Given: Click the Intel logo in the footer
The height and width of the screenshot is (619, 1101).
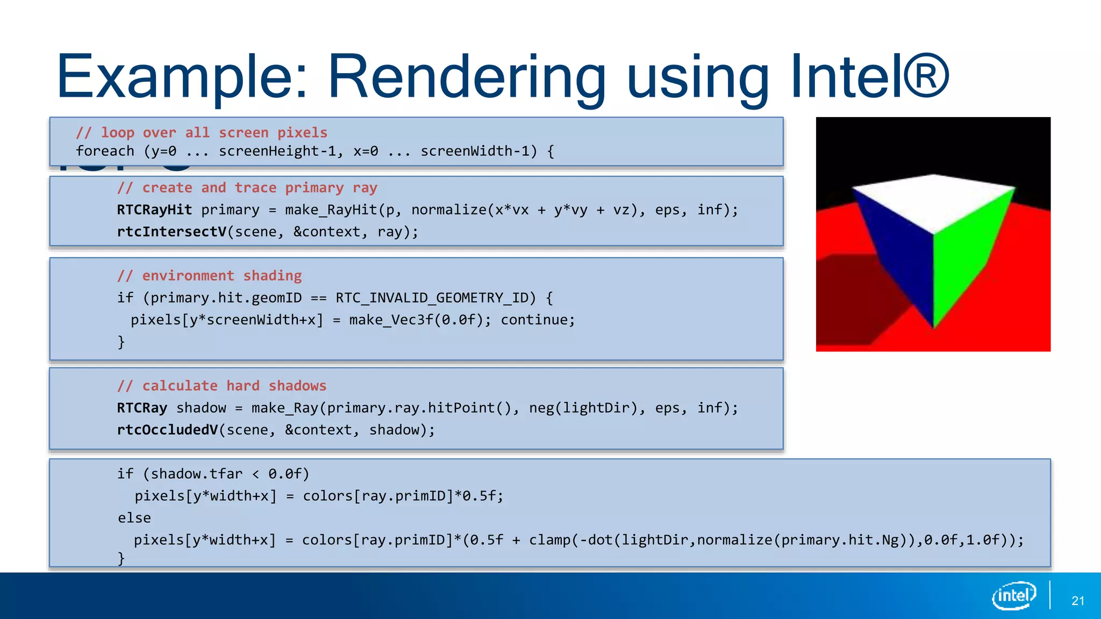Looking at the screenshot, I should click(1014, 595).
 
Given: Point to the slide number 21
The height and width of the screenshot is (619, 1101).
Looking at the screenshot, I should click(1077, 601).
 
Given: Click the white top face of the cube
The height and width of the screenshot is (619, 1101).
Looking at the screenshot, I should click(934, 201).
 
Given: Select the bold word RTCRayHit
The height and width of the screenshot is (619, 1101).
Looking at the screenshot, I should click(154, 210).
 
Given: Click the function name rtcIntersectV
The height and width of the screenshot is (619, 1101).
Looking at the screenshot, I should click(172, 232).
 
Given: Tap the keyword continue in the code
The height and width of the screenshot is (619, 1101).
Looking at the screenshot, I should click(538, 320).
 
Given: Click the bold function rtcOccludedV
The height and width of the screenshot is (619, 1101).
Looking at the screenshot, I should click(168, 430).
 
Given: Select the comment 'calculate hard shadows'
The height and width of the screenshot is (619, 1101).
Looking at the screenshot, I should click(222, 386).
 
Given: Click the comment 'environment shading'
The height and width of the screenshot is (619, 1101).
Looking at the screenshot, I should click(210, 276).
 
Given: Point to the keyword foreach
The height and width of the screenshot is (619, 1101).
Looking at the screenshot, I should click(105, 151).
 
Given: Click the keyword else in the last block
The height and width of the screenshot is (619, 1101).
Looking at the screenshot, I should click(134, 518).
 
